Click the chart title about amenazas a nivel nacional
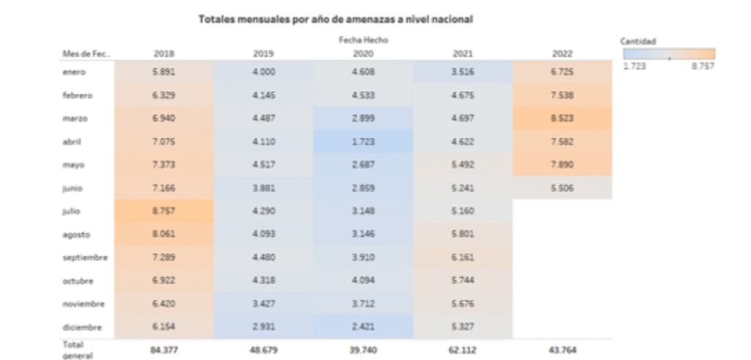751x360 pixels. (335, 20)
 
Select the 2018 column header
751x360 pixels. (164, 54)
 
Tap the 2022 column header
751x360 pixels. (563, 54)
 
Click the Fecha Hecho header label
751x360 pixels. (364, 40)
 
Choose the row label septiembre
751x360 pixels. (85, 257)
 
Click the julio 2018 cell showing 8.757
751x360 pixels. (164, 211)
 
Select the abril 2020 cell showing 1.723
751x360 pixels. (364, 142)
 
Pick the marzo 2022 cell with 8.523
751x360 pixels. (563, 118)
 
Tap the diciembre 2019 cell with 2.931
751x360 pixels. (264, 327)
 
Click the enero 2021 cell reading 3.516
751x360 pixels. (463, 72)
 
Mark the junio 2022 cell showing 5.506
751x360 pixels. (563, 188)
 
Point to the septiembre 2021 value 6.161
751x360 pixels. (463, 257)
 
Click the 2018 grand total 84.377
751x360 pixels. (164, 350)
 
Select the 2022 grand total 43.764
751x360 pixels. (563, 350)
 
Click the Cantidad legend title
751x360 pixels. (638, 42)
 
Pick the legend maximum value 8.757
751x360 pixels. (702, 66)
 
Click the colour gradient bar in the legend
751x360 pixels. (669, 54)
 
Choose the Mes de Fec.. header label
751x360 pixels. (86, 54)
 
